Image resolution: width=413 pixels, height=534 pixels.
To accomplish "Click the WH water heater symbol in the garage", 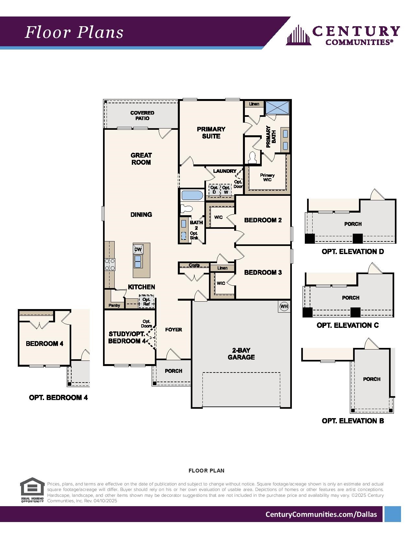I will coord(284,306).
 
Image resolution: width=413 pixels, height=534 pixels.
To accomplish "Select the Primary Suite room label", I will coord(211,133).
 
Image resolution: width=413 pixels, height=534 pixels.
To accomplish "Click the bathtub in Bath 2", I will coord(192,195).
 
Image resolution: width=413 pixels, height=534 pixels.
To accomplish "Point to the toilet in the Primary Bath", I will coord(252,158).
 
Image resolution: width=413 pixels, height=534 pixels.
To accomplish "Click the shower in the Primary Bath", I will coord(277,107).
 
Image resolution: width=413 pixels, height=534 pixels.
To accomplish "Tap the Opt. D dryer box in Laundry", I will coord(214,190).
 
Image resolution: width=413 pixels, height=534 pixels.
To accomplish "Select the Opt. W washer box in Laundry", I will coord(226,190).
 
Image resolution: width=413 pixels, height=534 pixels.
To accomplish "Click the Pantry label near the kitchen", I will coord(114,305).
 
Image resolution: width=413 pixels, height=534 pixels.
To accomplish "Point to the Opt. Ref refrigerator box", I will coord(146,302).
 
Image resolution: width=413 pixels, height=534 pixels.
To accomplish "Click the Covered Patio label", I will coord(142,116).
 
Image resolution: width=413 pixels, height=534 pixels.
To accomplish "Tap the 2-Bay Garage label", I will coord(241,354).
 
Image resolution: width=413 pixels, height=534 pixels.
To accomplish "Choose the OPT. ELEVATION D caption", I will coord(352,251).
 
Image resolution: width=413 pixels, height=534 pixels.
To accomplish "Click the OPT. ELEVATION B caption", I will coord(353,421).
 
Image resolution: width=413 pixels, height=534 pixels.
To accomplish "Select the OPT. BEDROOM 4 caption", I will coord(58,397).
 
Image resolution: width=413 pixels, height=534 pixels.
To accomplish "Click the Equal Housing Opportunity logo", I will coord(32,490).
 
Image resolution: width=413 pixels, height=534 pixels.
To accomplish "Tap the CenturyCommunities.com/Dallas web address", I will coord(321,514).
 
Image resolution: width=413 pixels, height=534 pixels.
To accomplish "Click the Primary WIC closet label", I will coord(267,177).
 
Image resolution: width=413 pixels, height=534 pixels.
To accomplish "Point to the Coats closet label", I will coord(194,265).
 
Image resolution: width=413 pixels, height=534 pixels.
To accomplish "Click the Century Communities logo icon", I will coord(298,35).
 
